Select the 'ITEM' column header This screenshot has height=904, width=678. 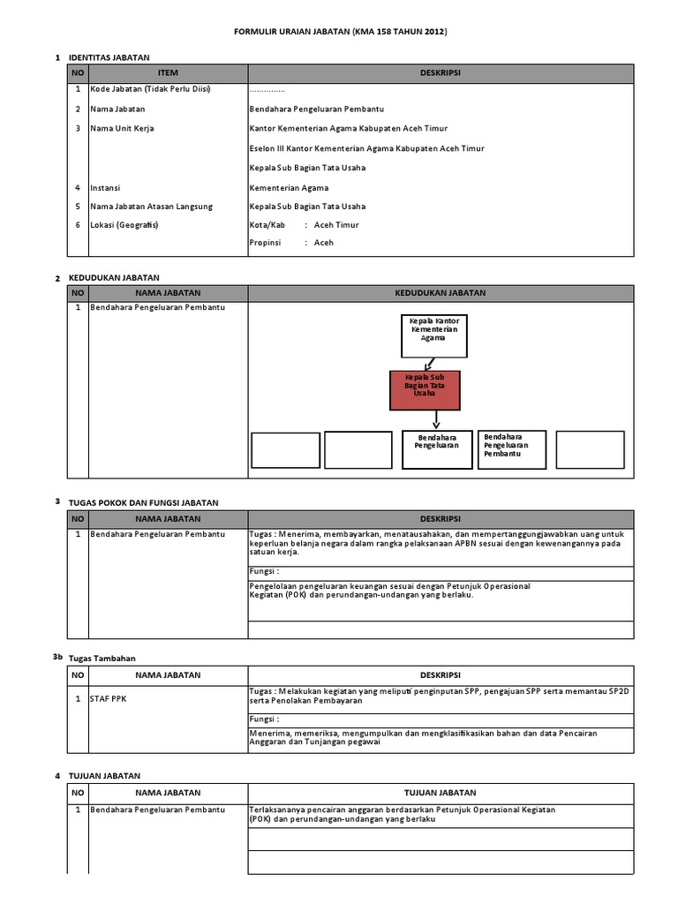click(168, 73)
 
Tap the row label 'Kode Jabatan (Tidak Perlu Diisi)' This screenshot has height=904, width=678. click(149, 90)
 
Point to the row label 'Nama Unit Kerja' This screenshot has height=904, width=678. click(122, 128)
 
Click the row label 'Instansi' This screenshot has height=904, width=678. click(104, 187)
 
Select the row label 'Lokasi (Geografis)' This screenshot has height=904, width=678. click(124, 225)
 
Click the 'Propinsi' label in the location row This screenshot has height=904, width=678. click(267, 243)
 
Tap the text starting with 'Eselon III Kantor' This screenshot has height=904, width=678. click(366, 148)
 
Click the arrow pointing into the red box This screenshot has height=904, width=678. click(429, 363)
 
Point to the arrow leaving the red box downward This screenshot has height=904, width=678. click(436, 420)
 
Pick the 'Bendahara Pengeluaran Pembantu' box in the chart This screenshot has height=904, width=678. click(513, 449)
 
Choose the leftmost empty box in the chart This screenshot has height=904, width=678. click(284, 449)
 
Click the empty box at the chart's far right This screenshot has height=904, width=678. click(589, 449)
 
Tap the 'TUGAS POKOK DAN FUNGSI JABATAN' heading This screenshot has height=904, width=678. click(143, 502)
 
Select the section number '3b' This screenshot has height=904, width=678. click(57, 657)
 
